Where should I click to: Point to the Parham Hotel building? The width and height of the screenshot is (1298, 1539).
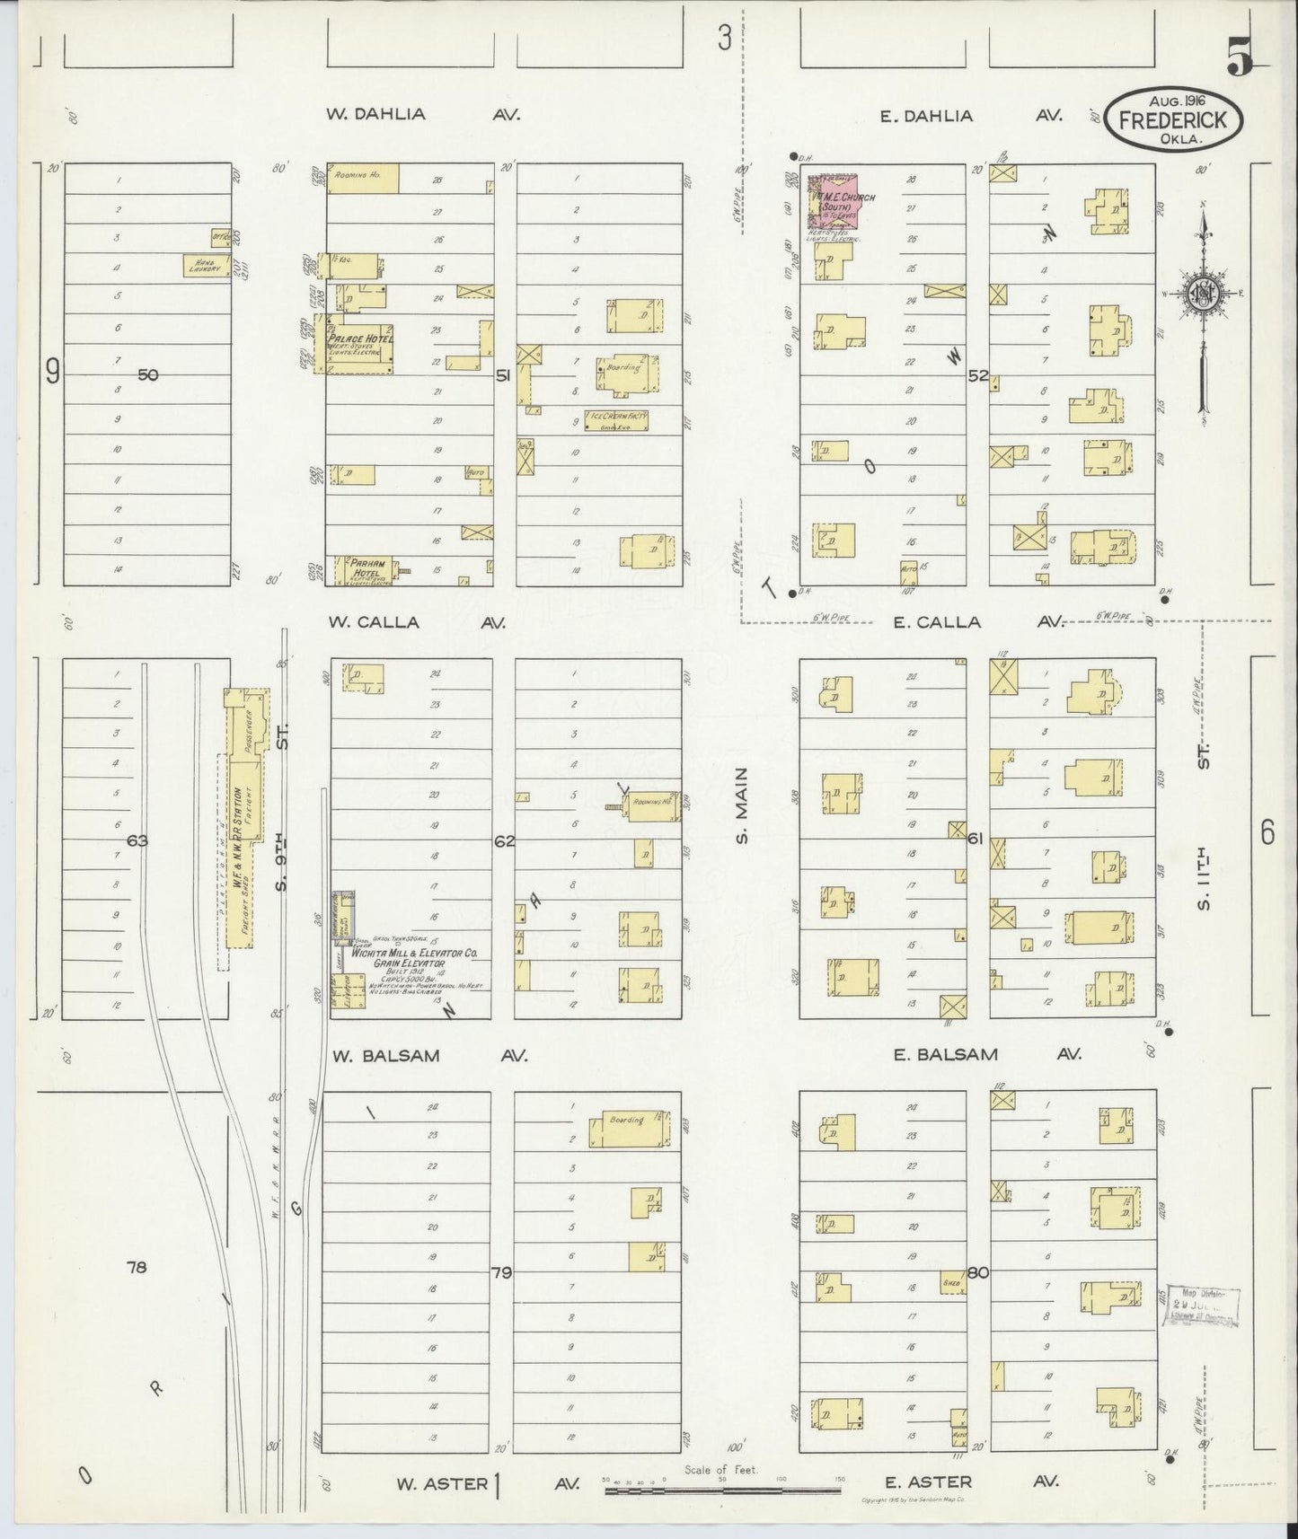pos(367,570)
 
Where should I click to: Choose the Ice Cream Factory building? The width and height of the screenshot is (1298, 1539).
pos(616,419)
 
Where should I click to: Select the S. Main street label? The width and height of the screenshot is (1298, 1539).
pos(742,805)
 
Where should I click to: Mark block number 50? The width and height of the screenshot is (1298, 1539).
pos(148,374)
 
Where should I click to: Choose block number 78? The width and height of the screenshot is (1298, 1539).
pos(137,1267)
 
